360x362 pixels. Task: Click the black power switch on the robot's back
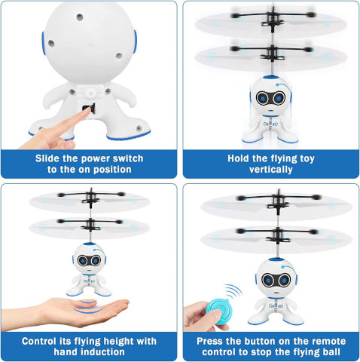pyautogui.click(x=90, y=109)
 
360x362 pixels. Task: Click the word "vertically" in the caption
pyautogui.click(x=271, y=170)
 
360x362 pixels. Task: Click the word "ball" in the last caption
pyautogui.click(x=331, y=351)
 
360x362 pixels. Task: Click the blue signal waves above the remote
pyautogui.click(x=233, y=292)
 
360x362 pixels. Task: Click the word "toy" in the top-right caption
pyautogui.click(x=307, y=159)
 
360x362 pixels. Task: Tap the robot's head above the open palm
pyautogui.click(x=89, y=258)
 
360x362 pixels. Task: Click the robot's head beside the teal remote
pyautogui.click(x=276, y=278)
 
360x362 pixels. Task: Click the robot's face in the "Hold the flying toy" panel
pyautogui.click(x=270, y=98)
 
